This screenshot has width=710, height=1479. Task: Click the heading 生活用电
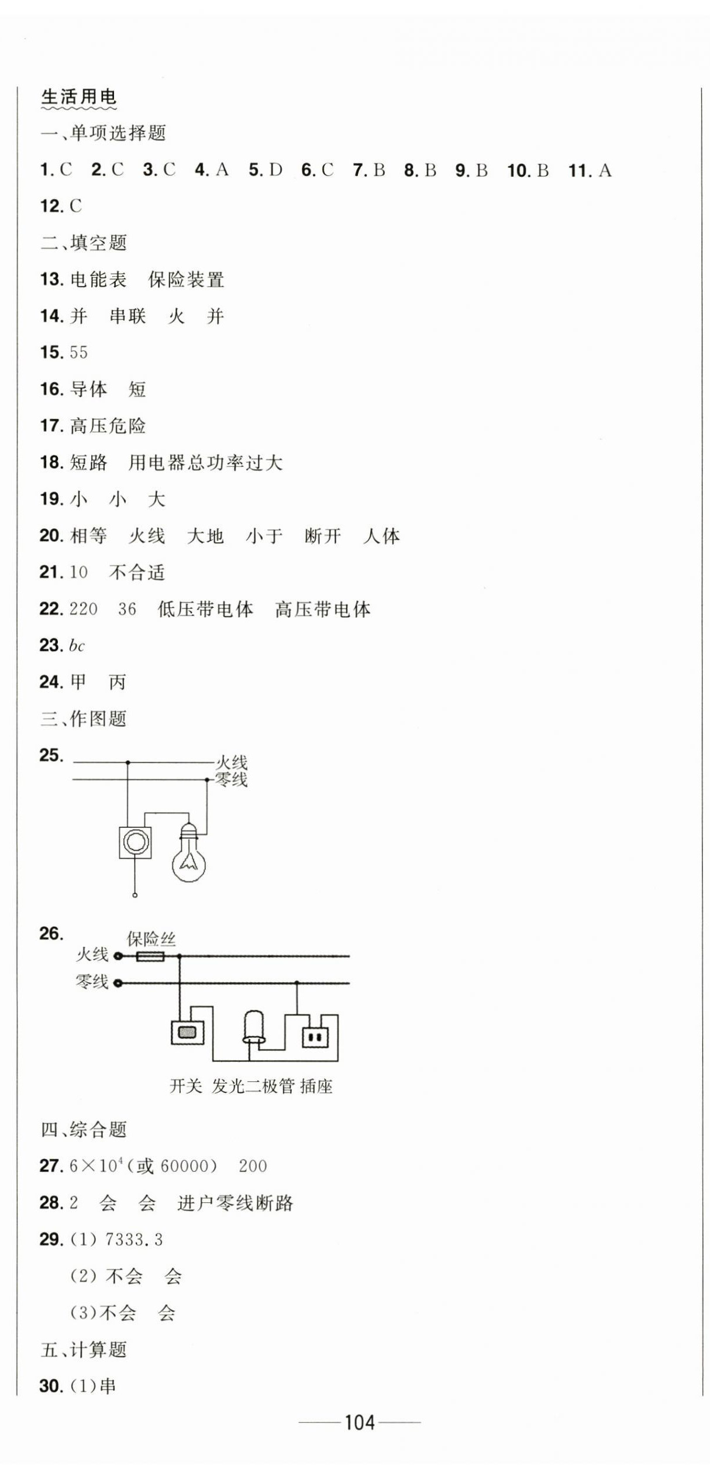tap(78, 97)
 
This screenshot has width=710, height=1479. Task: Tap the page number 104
tap(359, 1422)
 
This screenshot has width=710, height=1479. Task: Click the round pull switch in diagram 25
tap(135, 842)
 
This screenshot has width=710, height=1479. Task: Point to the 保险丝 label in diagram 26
tap(151, 939)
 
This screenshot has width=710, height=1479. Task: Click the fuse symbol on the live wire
tap(150, 957)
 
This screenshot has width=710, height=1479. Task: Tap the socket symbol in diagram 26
tap(315, 1037)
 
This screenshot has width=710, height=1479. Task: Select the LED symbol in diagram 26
tap(254, 1027)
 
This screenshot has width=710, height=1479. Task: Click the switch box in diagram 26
tap(187, 1033)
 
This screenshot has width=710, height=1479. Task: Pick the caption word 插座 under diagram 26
tap(316, 1087)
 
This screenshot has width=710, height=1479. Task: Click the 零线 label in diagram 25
tap(232, 780)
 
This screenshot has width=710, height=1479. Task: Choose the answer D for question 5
tap(275, 170)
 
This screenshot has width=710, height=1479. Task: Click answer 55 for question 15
tap(78, 352)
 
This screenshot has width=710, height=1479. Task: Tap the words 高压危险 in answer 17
tap(108, 426)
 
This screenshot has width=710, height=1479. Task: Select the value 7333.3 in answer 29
tap(134, 1240)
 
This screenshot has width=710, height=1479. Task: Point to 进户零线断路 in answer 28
tap(235, 1203)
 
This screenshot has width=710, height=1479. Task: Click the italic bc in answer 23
tap(77, 646)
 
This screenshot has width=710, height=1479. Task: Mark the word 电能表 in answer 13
tap(98, 280)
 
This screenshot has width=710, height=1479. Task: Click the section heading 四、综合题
tap(84, 1130)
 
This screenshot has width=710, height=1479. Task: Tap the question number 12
tap(51, 206)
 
